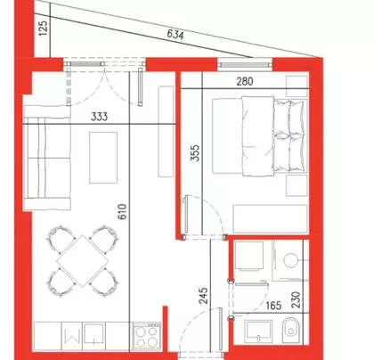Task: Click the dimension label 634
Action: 175,35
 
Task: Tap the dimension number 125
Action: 44,29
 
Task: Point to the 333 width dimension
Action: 99,117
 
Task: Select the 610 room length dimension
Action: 122,212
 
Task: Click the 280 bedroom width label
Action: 245,81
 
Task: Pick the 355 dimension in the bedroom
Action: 195,153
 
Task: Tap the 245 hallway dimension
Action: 204,296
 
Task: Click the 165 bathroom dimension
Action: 273,306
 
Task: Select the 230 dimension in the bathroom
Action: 296,299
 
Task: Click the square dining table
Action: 83,261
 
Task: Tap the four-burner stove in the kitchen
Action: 147,336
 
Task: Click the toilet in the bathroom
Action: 290,331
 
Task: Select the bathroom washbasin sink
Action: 258,331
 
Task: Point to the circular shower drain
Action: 290,260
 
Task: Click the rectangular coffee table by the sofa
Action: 103,158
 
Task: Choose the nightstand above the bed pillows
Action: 297,86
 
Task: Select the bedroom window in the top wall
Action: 245,65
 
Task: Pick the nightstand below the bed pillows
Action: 297,185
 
